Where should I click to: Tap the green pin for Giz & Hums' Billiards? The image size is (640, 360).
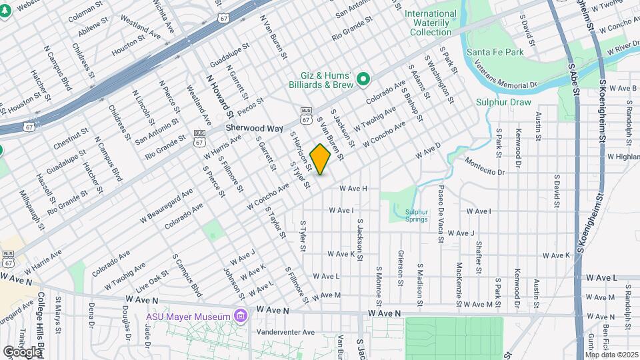[363, 80]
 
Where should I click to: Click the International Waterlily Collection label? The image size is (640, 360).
[431, 23]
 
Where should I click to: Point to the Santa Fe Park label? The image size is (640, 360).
[495, 52]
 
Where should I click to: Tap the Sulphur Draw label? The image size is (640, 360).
[503, 103]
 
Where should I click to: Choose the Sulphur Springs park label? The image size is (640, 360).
[417, 215]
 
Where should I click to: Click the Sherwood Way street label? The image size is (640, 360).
[254, 128]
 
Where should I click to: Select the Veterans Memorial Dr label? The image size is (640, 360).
[507, 75]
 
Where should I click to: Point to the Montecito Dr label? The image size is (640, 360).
[485, 167]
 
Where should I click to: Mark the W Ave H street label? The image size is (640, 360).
[353, 189]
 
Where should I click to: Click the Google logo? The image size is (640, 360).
[22, 351]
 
